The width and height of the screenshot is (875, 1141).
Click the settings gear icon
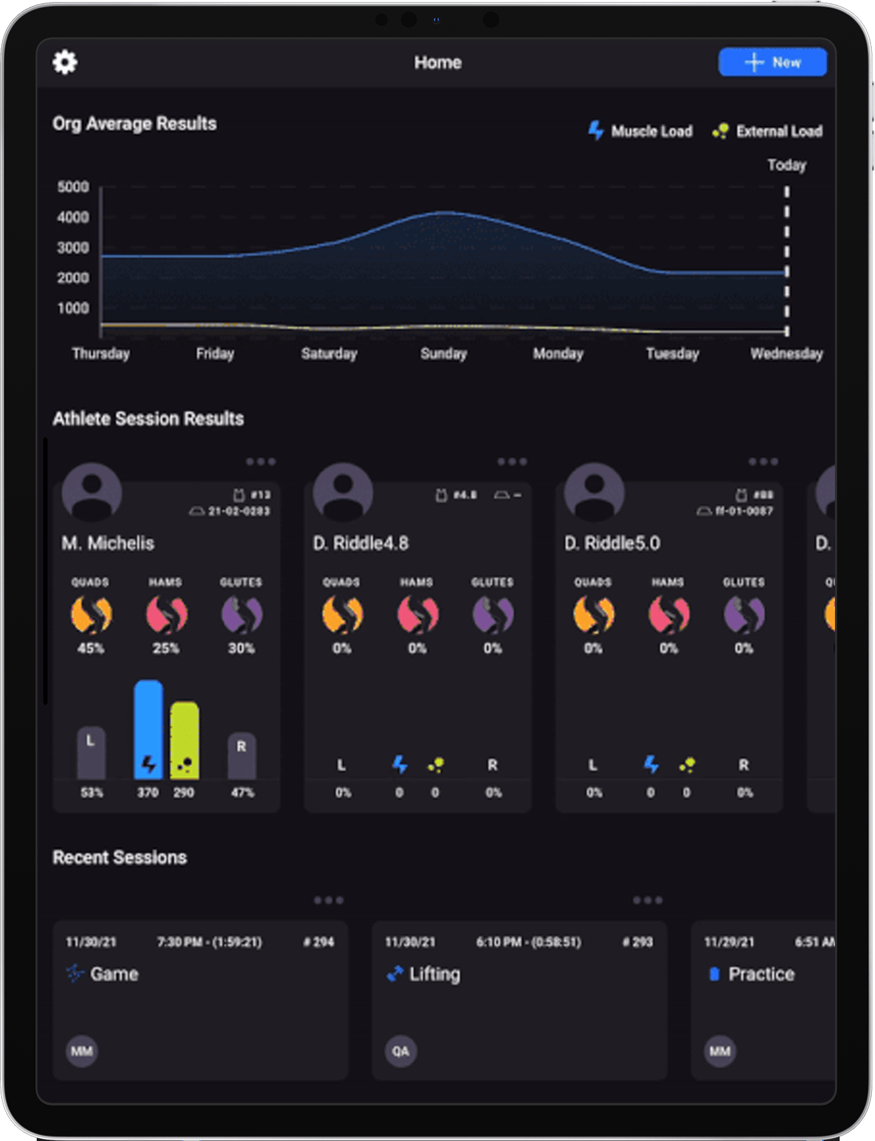65,62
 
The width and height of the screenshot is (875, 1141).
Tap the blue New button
772,62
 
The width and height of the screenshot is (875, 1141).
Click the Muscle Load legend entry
640,131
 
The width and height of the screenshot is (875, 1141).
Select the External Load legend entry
768,131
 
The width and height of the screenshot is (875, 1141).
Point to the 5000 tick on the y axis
73,187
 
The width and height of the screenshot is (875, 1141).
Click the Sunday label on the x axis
443,354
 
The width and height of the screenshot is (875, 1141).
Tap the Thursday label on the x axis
101,354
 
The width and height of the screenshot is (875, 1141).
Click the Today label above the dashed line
786,165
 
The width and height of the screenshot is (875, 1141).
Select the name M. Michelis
108,543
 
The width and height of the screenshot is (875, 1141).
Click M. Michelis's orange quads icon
91,614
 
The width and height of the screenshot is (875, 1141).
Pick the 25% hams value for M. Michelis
166,648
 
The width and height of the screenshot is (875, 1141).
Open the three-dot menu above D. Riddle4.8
512,462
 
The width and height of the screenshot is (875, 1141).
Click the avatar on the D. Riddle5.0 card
594,492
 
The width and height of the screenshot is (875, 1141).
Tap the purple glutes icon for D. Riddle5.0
744,614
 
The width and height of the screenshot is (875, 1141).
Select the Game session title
114,974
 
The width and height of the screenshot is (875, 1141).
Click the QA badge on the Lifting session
400,1051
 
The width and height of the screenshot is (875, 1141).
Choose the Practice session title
761,974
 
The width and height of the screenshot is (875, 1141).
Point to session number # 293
637,942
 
